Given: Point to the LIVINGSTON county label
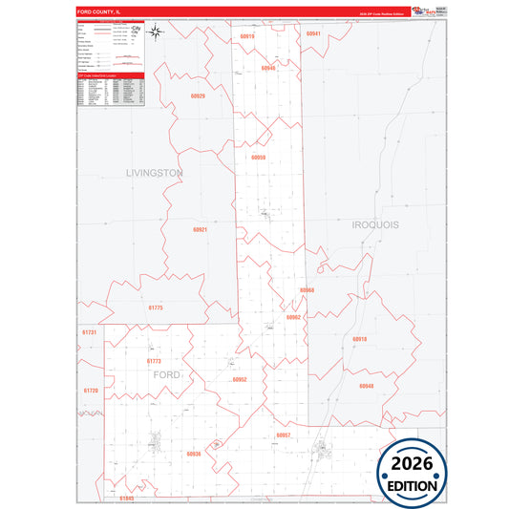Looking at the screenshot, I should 154,173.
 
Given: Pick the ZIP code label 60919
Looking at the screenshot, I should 247,35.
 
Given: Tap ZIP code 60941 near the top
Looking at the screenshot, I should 313,33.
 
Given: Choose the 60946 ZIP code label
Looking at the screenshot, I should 267,69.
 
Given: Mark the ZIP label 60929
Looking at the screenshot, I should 198,96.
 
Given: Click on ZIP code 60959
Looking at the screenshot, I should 259,157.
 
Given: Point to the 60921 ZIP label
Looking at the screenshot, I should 199,230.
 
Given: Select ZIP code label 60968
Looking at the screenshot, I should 307,289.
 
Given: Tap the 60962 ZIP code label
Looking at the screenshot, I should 293,316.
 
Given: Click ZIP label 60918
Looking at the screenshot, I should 359,339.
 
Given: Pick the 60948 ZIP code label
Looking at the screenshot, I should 367,386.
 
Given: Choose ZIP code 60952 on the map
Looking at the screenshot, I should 240,379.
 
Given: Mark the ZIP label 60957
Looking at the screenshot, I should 283,435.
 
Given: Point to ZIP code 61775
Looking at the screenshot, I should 156,308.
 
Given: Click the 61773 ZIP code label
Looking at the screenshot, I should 154,361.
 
